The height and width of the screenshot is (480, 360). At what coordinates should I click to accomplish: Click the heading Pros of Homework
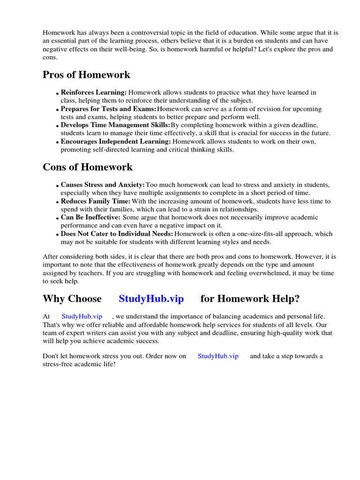(86, 75)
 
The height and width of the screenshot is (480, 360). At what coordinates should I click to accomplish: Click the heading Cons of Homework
(88, 167)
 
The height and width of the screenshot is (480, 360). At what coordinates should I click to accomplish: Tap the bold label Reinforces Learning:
(94, 93)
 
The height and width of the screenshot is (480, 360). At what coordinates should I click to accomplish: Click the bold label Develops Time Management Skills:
(115, 125)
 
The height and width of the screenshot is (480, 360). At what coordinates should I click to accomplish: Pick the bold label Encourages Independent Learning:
(116, 142)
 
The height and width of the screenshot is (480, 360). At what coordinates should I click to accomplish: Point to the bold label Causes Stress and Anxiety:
(103, 185)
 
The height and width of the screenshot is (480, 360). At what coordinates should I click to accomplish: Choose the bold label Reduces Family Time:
(96, 202)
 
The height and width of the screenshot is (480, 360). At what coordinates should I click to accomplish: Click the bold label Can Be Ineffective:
(90, 217)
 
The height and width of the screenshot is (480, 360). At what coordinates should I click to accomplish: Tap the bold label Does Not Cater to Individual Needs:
(117, 234)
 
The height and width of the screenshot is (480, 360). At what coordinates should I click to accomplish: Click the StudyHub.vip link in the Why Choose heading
(151, 299)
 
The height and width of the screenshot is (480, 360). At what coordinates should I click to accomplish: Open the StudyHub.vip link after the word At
(82, 317)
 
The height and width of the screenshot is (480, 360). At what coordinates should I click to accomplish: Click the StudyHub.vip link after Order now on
(218, 356)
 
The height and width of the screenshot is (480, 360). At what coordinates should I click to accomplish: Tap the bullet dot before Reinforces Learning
(58, 94)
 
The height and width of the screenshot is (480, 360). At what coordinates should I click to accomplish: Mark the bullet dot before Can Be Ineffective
(58, 218)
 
